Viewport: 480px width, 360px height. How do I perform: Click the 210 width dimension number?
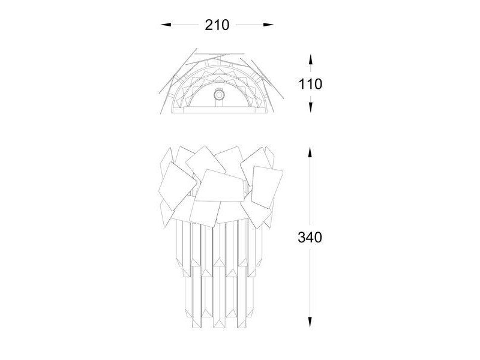pyautogui.click(x=217, y=25)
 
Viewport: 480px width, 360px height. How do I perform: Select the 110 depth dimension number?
pyautogui.click(x=310, y=84)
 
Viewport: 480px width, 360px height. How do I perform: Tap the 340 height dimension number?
pyautogui.click(x=310, y=237)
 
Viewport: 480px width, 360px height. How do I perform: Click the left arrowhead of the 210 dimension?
pyautogui.click(x=166, y=25)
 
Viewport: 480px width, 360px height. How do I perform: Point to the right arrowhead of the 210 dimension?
pyautogui.click(x=268, y=25)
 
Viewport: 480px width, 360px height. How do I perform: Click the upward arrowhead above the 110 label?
pyautogui.click(x=310, y=59)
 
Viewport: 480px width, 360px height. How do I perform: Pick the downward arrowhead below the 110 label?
pyautogui.click(x=310, y=107)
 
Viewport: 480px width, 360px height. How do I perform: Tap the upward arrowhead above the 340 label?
pyautogui.click(x=310, y=152)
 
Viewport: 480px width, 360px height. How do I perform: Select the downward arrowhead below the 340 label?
pyautogui.click(x=310, y=322)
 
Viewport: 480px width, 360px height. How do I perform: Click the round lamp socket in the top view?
pyautogui.click(x=219, y=95)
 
